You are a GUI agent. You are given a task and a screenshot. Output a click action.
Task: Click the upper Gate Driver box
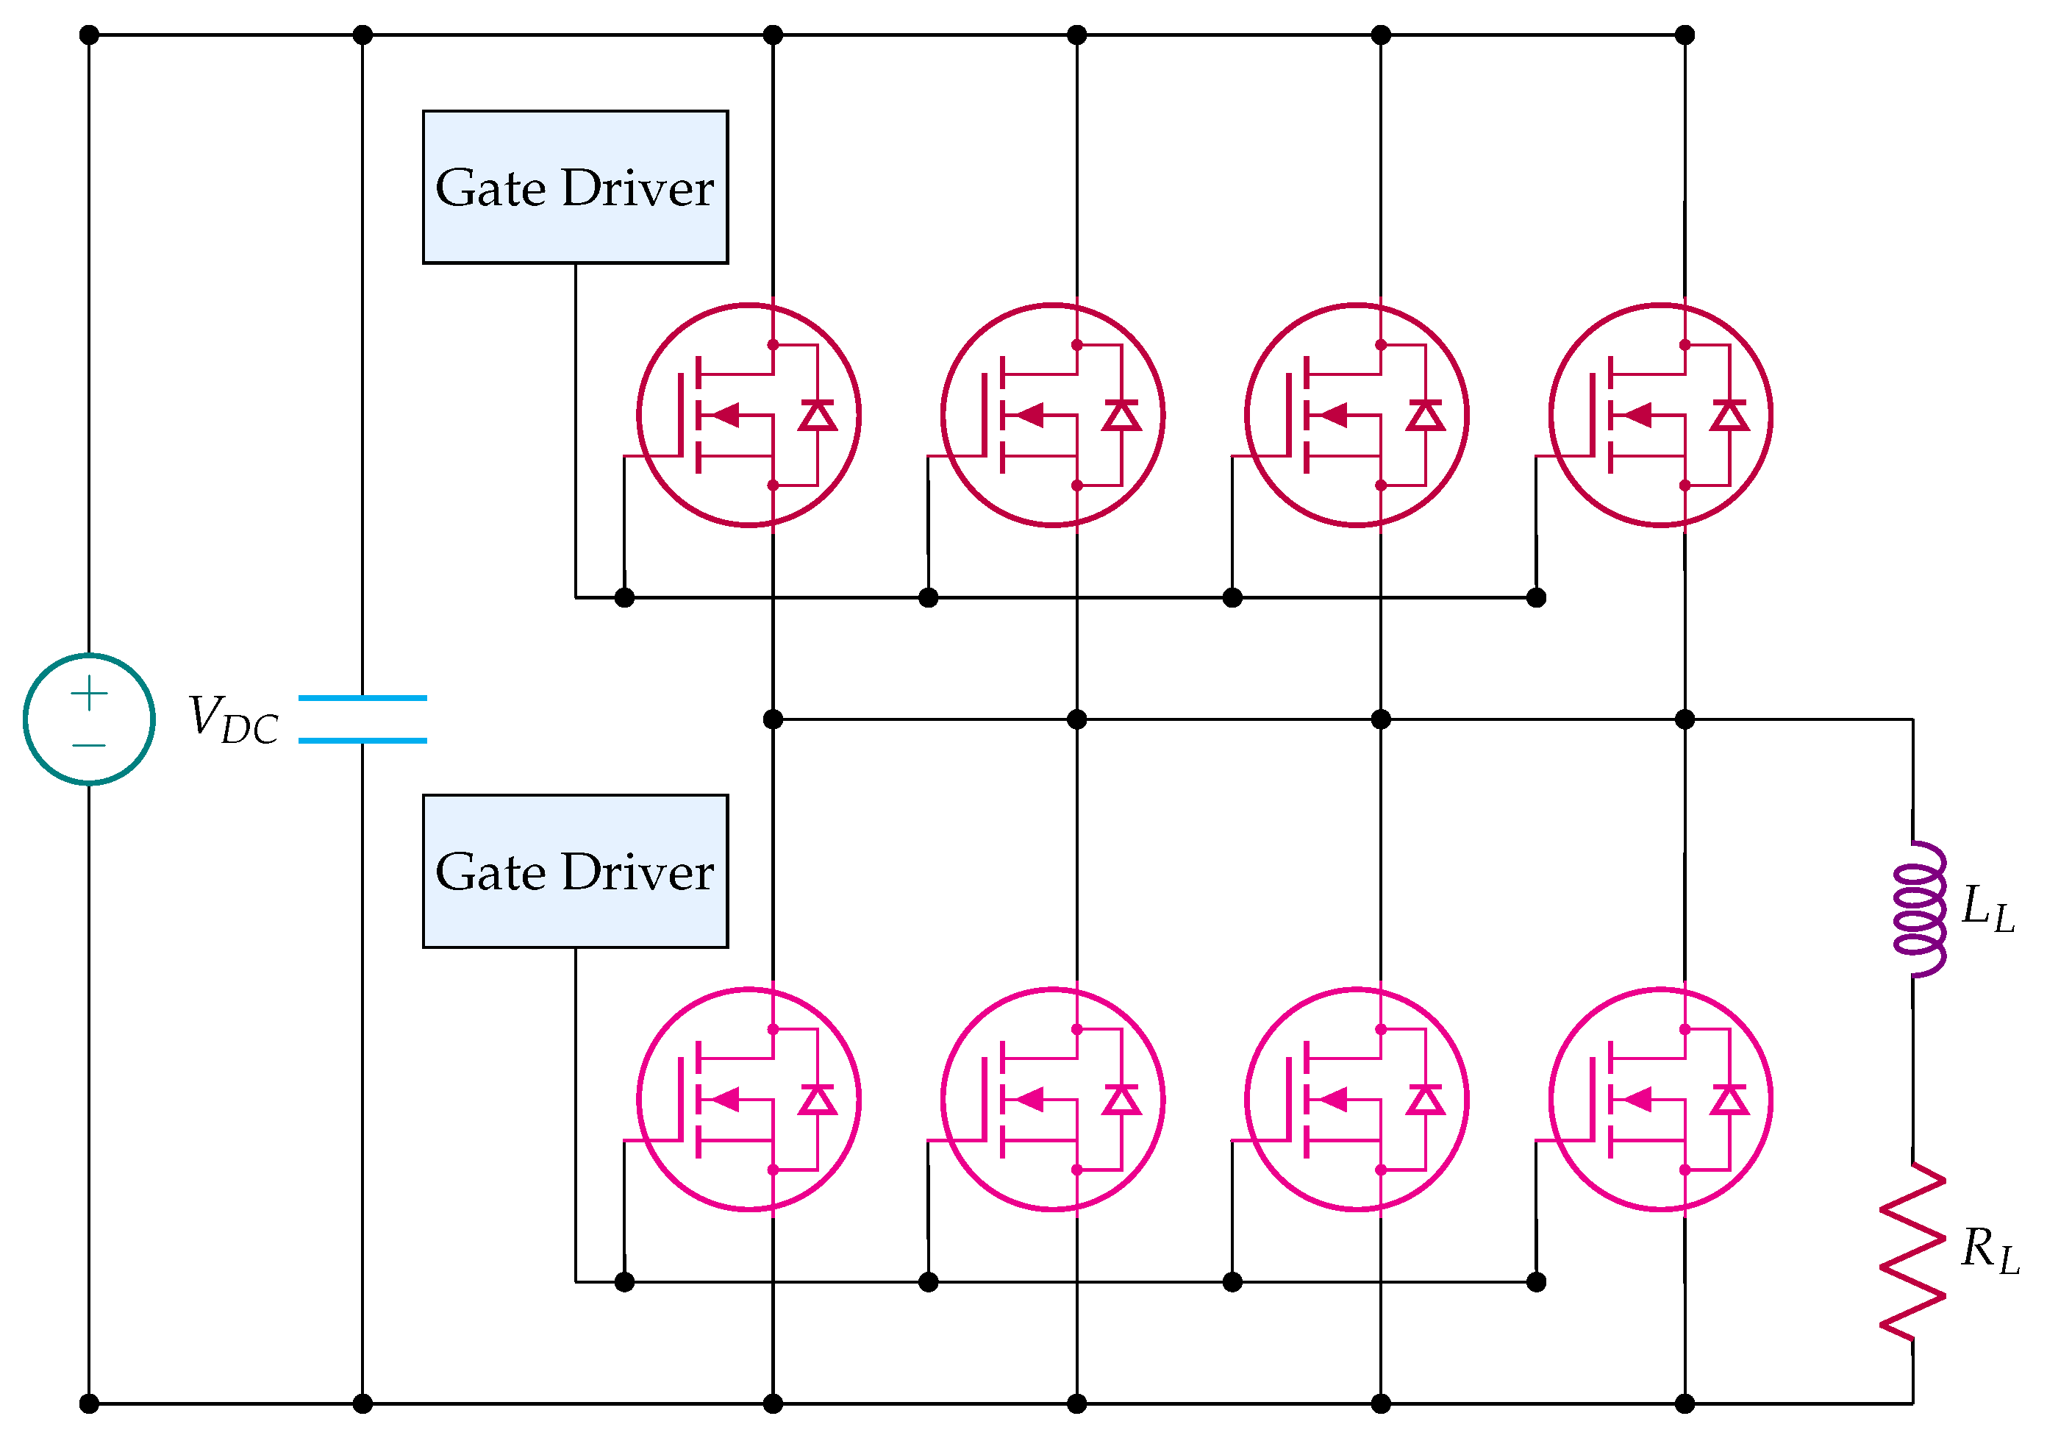pos(575,188)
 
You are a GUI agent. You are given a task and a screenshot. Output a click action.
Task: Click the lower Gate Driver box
pos(575,871)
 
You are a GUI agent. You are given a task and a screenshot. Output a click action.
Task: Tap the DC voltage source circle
pos(89,719)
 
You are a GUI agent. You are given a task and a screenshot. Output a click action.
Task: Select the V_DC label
pos(232,719)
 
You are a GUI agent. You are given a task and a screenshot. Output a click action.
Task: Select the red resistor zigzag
pos(1913,1251)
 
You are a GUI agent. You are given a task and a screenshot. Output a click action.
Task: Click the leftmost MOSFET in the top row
pos(749,416)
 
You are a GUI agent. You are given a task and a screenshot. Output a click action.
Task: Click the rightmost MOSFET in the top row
pos(1660,416)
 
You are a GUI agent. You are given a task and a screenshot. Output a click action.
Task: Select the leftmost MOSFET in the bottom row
pos(749,1100)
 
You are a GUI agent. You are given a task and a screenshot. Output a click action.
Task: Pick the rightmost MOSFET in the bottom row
pos(1660,1100)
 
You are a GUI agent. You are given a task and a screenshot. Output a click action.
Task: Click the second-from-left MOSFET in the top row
pos(1053,416)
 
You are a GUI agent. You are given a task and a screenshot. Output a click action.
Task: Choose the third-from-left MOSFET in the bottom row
pos(1357,1100)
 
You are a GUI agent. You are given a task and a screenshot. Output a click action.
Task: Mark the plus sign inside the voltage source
pos(89,694)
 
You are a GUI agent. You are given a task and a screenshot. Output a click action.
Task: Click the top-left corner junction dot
pos(89,35)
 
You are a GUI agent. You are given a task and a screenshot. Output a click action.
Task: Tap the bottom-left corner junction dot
pos(89,1404)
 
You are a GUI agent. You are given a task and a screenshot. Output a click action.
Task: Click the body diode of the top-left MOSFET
pos(818,416)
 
